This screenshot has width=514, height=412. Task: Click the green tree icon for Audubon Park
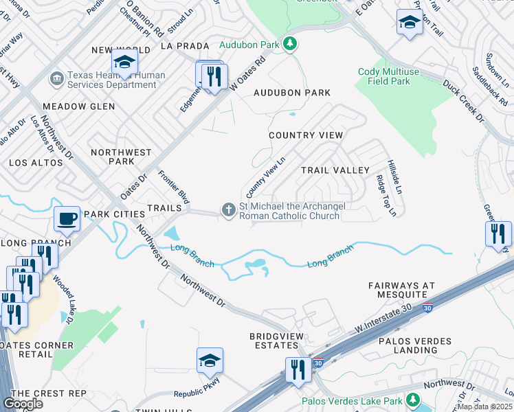(290, 45)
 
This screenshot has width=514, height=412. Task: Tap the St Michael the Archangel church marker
(228, 209)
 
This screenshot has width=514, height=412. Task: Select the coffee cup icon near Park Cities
(67, 218)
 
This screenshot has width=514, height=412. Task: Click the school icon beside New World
(124, 62)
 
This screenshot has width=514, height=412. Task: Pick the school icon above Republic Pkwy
(210, 360)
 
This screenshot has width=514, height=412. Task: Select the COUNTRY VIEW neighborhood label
(305, 135)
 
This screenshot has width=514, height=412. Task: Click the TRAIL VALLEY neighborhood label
(335, 170)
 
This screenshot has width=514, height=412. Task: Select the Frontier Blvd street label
(173, 187)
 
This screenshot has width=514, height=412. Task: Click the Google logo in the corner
(23, 403)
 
